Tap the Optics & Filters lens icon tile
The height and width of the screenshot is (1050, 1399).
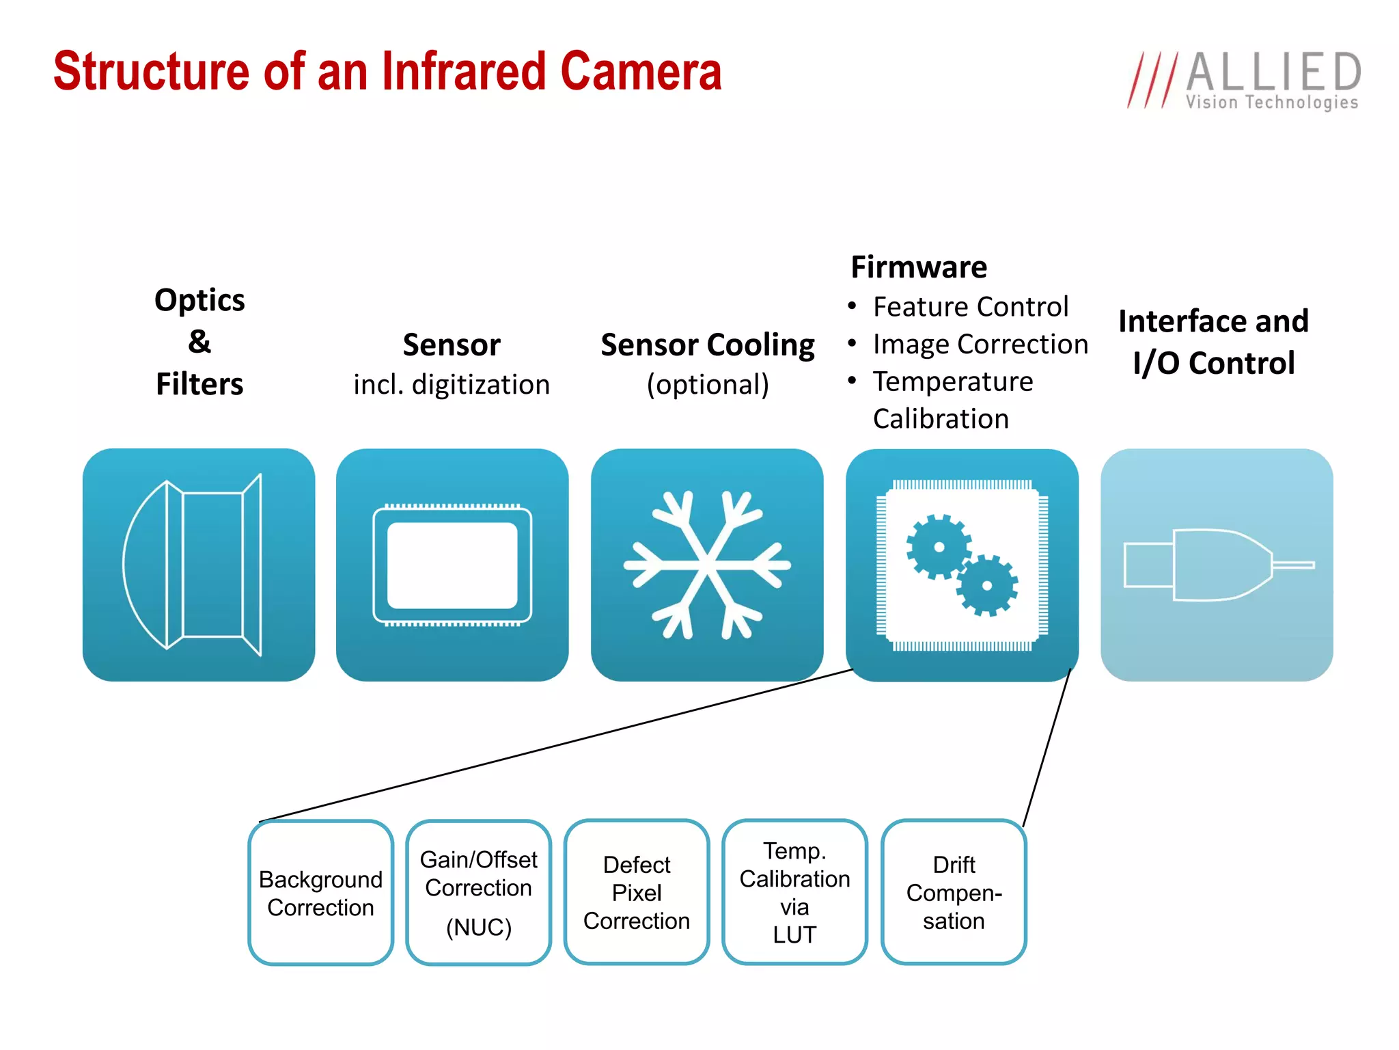pos(199,565)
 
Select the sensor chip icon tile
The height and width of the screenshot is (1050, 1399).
pos(452,565)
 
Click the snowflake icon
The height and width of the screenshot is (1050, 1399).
pos(707,565)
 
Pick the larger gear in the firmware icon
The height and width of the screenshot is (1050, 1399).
pos(939,547)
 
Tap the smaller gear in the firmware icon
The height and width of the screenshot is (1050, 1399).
pos(986,585)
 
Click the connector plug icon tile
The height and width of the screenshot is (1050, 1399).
pos(1217,565)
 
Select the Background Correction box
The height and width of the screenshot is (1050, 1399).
pos(320,893)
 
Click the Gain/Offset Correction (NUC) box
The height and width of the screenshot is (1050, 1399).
pos(478,893)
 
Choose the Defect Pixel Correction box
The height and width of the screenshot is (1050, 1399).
pos(637,893)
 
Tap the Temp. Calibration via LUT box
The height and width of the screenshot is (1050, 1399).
pos(794,893)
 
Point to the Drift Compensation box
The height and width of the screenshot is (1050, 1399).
pos(954,893)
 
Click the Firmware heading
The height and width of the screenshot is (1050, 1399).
pos(919,267)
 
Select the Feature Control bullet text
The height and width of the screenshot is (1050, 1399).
pos(970,307)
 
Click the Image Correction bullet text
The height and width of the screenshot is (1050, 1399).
pos(980,345)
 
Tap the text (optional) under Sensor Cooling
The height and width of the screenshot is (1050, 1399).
pos(708,384)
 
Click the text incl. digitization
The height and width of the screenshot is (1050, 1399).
pos(452,384)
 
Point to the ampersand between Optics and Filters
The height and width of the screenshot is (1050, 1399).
pos(199,341)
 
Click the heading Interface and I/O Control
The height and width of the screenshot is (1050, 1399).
pos(1213,342)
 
